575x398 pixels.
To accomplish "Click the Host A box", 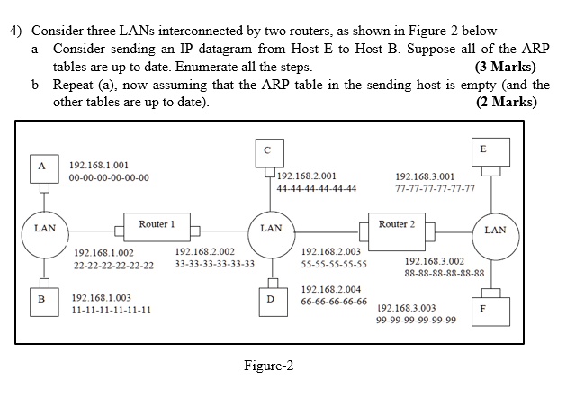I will [x=40, y=166].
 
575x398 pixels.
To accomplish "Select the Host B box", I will [x=40, y=297].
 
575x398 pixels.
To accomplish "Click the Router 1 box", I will [x=157, y=223].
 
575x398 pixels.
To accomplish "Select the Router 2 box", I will [x=397, y=223].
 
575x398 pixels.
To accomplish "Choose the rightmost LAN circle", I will [x=495, y=231].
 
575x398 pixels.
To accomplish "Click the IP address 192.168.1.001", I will [x=98, y=166].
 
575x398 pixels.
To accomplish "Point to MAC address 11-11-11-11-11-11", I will [x=111, y=310].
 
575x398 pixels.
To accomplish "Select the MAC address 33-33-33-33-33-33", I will [x=214, y=265].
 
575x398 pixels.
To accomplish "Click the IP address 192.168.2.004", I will [x=332, y=289].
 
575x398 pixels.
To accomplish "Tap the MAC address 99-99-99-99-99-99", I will [x=416, y=320].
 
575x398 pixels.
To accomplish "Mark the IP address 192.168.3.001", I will [x=425, y=177].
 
